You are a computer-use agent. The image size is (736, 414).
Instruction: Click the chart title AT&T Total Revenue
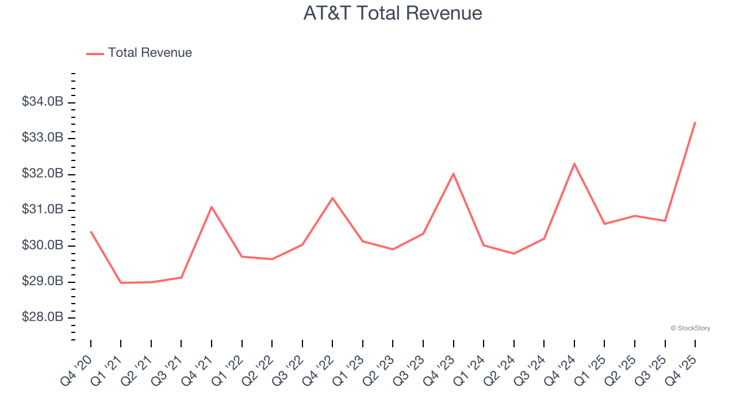point(393,13)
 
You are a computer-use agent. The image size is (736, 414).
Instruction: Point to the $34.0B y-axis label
point(42,102)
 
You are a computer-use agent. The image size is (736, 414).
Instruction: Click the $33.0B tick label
point(42,138)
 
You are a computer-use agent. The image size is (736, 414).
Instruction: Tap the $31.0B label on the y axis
point(42,210)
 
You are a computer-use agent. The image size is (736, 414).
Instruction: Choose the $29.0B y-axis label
point(42,282)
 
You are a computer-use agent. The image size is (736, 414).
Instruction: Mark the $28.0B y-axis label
point(42,317)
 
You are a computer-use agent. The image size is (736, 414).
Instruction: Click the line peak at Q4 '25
point(695,122)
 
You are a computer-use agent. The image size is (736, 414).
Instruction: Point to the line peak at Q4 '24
point(574,164)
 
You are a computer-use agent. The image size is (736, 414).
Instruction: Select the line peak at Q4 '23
point(453,174)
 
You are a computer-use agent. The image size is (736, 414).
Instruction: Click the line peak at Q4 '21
point(212,207)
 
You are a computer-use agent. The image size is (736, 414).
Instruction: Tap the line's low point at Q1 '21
point(121,282)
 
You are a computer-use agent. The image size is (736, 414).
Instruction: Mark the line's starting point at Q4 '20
point(91,232)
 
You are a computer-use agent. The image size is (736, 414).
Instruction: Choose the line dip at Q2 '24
point(513,254)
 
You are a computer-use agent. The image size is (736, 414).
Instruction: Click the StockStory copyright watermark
point(690,328)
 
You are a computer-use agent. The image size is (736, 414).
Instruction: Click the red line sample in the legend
point(95,53)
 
